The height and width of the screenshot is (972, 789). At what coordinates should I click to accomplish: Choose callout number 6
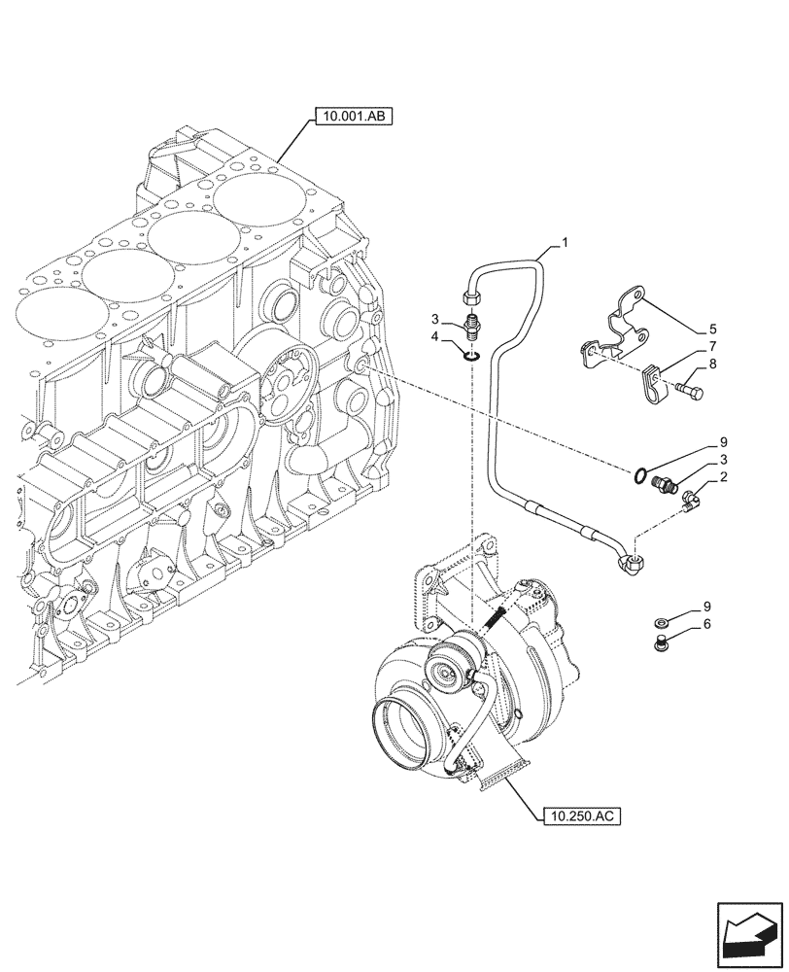click(x=707, y=624)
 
